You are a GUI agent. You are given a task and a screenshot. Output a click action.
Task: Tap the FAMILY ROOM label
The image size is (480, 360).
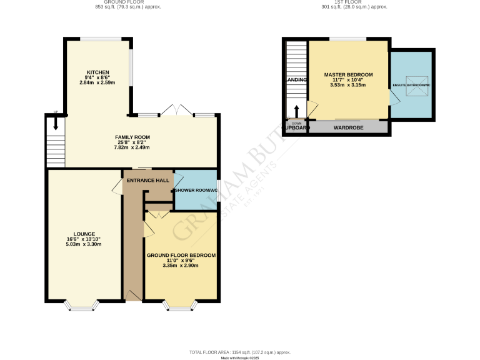pyautogui.click(x=132, y=137)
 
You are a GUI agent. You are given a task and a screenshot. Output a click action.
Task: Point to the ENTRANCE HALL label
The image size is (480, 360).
pyautogui.click(x=148, y=181)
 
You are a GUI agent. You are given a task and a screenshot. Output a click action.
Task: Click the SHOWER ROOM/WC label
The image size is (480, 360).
pyautogui.click(x=196, y=190)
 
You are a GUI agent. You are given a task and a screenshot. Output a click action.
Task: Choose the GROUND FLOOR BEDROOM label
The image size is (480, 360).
pyautogui.click(x=181, y=255)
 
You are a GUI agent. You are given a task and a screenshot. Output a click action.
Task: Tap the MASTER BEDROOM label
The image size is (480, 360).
pyautogui.click(x=347, y=75)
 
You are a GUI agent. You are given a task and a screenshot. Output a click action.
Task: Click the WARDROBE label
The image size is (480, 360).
pyautogui.click(x=347, y=128)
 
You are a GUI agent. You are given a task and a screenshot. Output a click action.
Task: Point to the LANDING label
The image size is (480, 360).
pyautogui.click(x=296, y=81)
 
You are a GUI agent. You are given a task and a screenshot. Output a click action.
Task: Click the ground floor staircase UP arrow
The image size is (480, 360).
pyautogui.click(x=56, y=123)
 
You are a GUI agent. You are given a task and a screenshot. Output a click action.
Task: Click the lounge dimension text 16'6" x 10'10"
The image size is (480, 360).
pyautogui.click(x=84, y=239)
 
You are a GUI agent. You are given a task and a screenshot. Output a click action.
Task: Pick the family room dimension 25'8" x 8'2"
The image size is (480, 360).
pyautogui.click(x=132, y=142)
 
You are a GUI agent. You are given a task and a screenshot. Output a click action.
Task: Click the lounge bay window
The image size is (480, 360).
pyautogui.click(x=82, y=306)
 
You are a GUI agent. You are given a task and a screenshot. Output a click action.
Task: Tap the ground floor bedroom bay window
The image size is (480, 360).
pyautogui.click(x=181, y=306)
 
